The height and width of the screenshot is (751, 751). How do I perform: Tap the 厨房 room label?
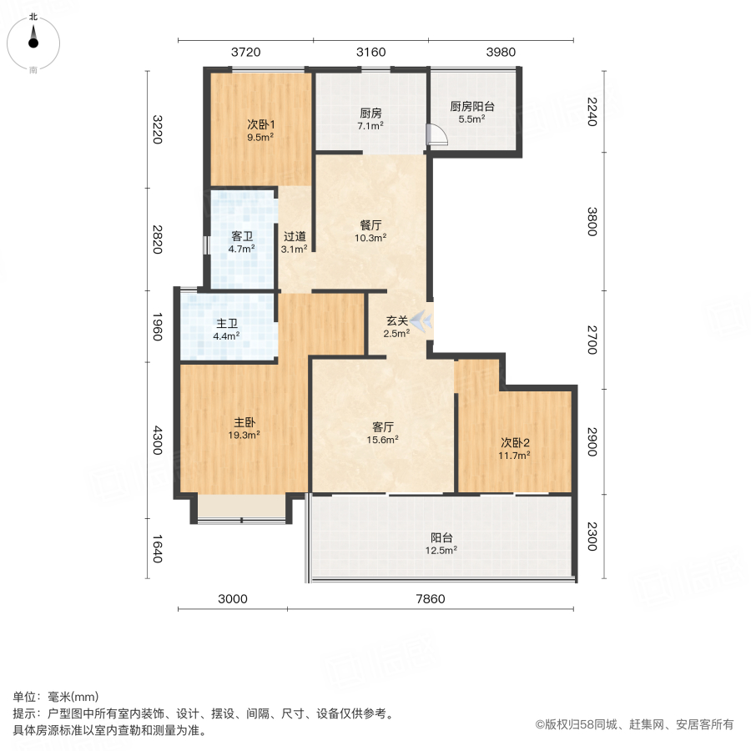tap(370, 113)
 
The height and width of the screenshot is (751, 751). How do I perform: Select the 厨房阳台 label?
tap(472, 107)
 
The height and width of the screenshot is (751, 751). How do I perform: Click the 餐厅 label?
tap(370, 224)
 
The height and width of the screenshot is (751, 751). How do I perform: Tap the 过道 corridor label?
tap(294, 236)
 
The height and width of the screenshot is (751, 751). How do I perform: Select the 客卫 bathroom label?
tap(242, 236)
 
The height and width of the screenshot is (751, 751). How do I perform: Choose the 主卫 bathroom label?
tap(227, 325)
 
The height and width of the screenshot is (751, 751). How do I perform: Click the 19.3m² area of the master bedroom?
tap(244, 435)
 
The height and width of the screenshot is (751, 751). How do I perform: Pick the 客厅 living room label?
tap(384, 426)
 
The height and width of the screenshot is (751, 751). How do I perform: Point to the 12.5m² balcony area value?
tap(441, 551)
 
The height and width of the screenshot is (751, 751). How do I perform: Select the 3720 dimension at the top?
tap(245, 52)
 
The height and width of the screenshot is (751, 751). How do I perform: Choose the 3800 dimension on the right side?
tap(592, 221)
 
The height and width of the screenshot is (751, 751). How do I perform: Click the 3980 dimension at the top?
tap(501, 52)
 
